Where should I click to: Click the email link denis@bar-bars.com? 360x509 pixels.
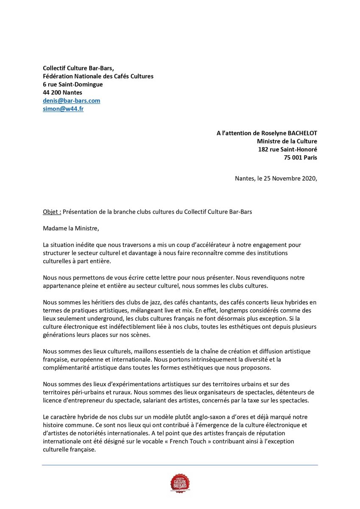71,101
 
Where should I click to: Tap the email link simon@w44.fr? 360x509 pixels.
63,109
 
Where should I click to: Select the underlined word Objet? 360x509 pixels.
52,212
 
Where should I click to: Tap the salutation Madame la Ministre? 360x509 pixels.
71,228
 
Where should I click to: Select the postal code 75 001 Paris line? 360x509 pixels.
300,157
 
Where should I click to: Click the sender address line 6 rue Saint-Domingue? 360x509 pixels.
73,84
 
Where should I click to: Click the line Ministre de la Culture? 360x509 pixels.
287,141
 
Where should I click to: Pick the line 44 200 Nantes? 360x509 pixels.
62,92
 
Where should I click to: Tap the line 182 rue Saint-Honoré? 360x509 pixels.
287,149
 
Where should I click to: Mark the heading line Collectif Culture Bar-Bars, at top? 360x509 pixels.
78,68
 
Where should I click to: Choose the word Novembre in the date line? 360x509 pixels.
277,179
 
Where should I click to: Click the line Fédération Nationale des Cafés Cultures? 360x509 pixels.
98,76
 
